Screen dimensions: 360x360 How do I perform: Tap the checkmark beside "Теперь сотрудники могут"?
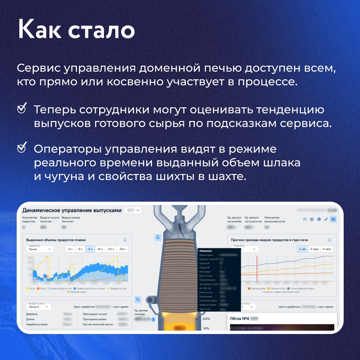(x=22, y=109)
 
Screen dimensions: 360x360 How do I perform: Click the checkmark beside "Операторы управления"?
(x=22, y=148)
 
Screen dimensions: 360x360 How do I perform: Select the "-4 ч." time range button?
(x=90, y=249)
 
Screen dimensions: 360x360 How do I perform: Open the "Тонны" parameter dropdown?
(x=39, y=249)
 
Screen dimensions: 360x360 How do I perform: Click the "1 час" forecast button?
(x=302, y=249)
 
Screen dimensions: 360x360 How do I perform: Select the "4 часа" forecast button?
(x=326, y=249)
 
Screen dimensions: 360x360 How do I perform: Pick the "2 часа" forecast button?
(x=314, y=249)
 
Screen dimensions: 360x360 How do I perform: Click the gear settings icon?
(x=319, y=219)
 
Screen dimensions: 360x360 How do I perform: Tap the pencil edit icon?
(x=326, y=219)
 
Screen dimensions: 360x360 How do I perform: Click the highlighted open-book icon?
(x=333, y=219)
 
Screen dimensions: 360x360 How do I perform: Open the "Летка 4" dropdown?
(x=38, y=307)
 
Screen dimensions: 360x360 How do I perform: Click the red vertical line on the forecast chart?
(x=257, y=268)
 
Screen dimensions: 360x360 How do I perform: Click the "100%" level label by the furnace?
(x=206, y=319)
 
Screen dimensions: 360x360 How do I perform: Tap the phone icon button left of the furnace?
(x=138, y=299)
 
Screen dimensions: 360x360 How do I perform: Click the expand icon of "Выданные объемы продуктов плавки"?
(x=125, y=240)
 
